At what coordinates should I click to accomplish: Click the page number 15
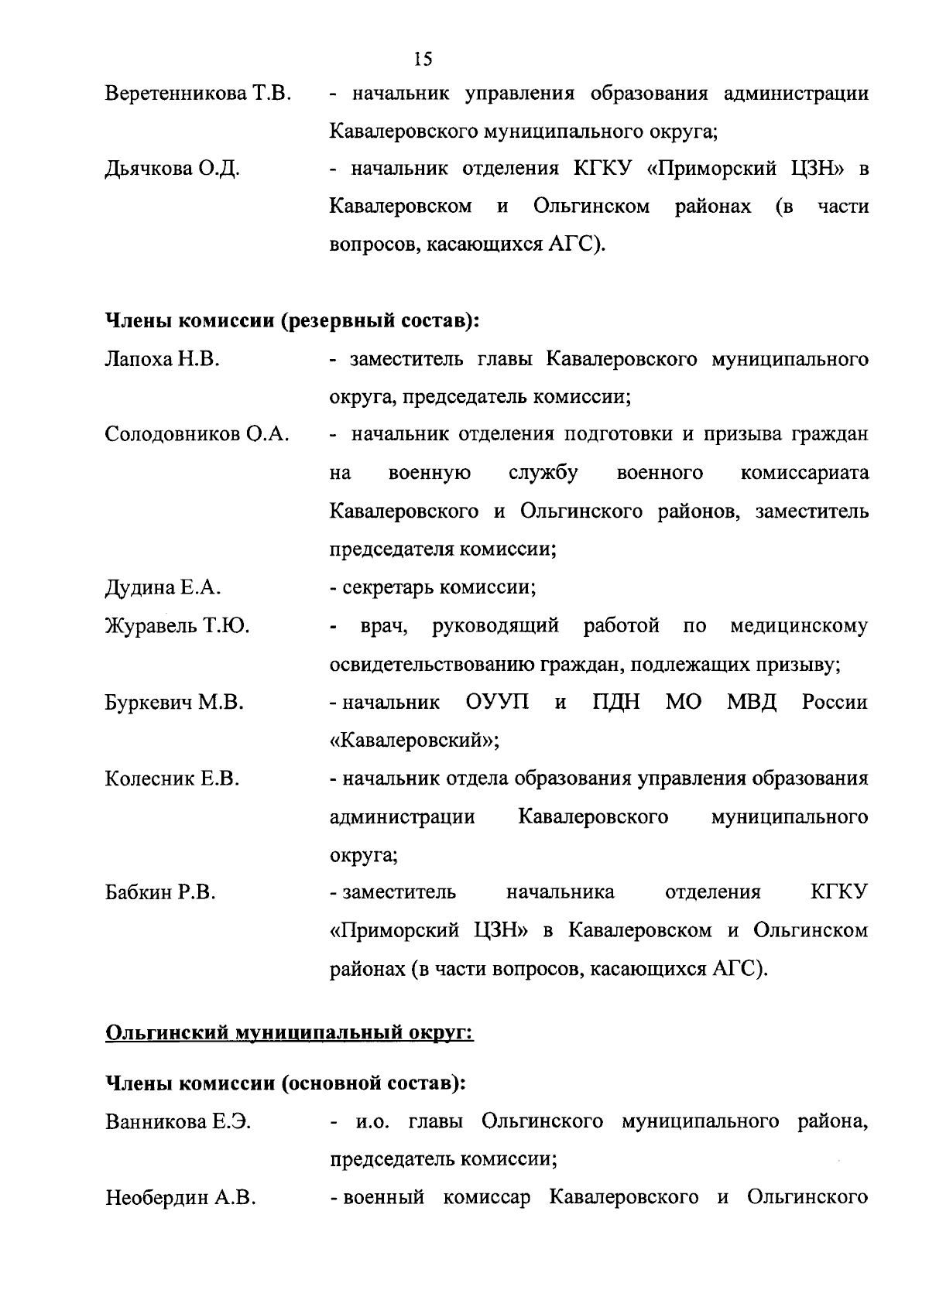[423, 59]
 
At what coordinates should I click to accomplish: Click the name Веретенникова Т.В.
[197, 94]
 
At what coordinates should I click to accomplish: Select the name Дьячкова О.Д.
[172, 169]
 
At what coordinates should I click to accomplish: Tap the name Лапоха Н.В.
[162, 360]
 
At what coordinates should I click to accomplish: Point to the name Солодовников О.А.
[197, 435]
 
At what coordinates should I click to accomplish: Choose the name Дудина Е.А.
[163, 588]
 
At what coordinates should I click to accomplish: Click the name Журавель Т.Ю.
[177, 626]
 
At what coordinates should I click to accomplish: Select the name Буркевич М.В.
[174, 703]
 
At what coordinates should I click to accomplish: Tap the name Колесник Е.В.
[172, 778]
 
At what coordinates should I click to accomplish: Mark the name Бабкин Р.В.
[160, 893]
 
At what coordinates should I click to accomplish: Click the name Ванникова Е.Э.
[177, 1122]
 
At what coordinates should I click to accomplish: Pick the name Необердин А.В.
[180, 1199]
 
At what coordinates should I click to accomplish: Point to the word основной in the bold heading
[333, 1083]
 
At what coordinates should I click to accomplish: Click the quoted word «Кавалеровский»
[414, 741]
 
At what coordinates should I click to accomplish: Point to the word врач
[385, 626]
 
